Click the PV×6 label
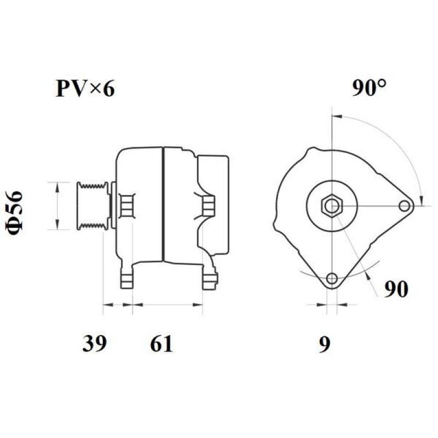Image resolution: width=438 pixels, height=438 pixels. coord(85,88)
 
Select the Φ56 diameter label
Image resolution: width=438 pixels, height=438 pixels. coord(15,213)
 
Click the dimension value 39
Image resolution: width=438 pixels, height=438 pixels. coord(94,344)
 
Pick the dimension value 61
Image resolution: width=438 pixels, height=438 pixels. coord(161,344)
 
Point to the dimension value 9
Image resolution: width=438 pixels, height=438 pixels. coord(325,344)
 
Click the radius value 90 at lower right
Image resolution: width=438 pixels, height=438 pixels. coord(396,289)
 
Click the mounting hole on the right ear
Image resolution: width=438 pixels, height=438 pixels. coord(405,206)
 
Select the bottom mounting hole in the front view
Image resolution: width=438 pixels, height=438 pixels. coord(331,279)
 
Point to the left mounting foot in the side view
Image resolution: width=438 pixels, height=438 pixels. coord(126,278)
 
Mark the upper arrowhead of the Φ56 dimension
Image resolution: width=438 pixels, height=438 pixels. coord(57,186)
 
